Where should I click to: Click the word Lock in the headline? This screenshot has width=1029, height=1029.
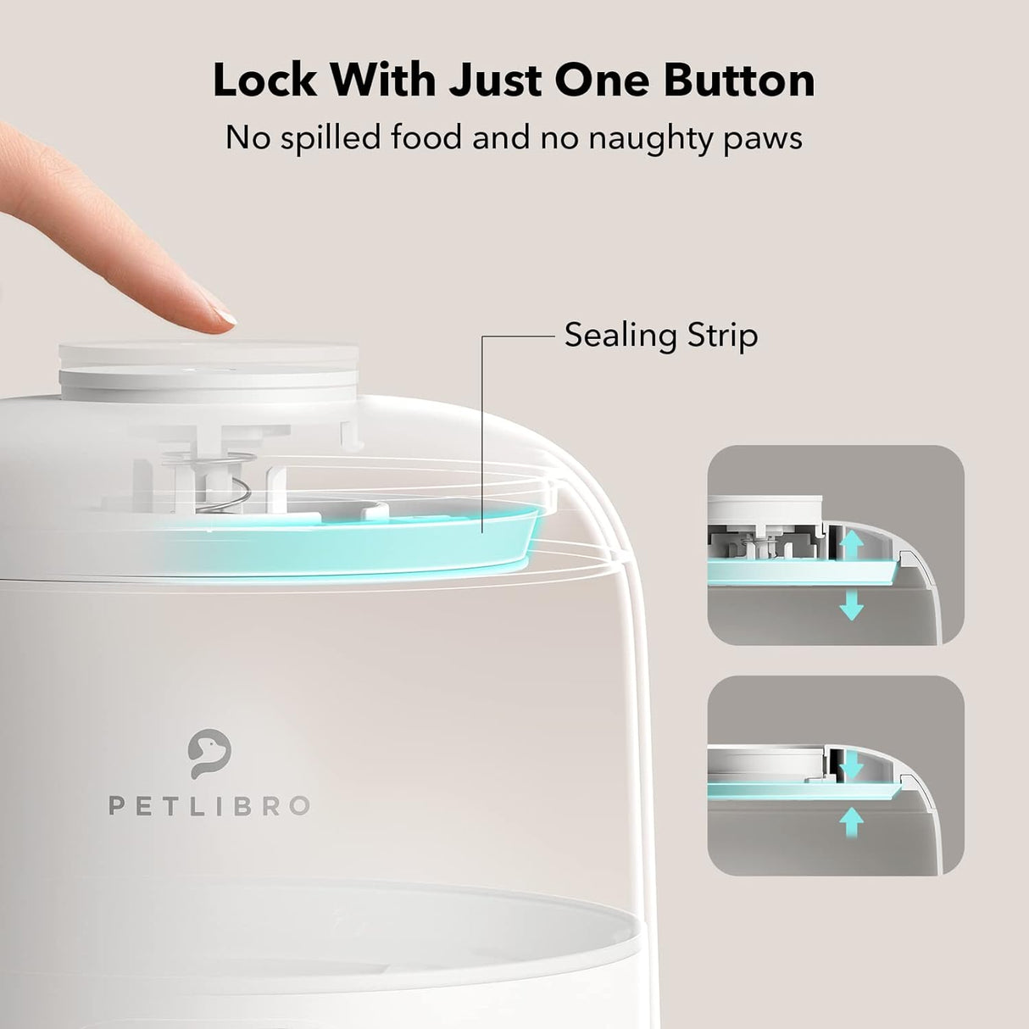pos(264,81)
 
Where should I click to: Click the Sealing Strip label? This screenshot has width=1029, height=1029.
pos(661,336)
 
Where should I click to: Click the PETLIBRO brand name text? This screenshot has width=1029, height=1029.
pos(209,805)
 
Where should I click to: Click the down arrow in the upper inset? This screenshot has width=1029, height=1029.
pos(851,605)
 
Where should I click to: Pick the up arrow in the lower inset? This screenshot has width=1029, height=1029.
pos(851,820)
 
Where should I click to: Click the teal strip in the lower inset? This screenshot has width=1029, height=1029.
pos(797,791)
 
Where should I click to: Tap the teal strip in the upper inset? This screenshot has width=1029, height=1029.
pos(788,570)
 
